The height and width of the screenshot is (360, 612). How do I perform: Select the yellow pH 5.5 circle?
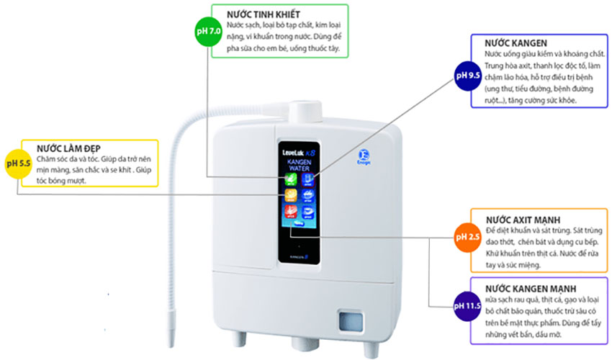(x=18, y=163)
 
